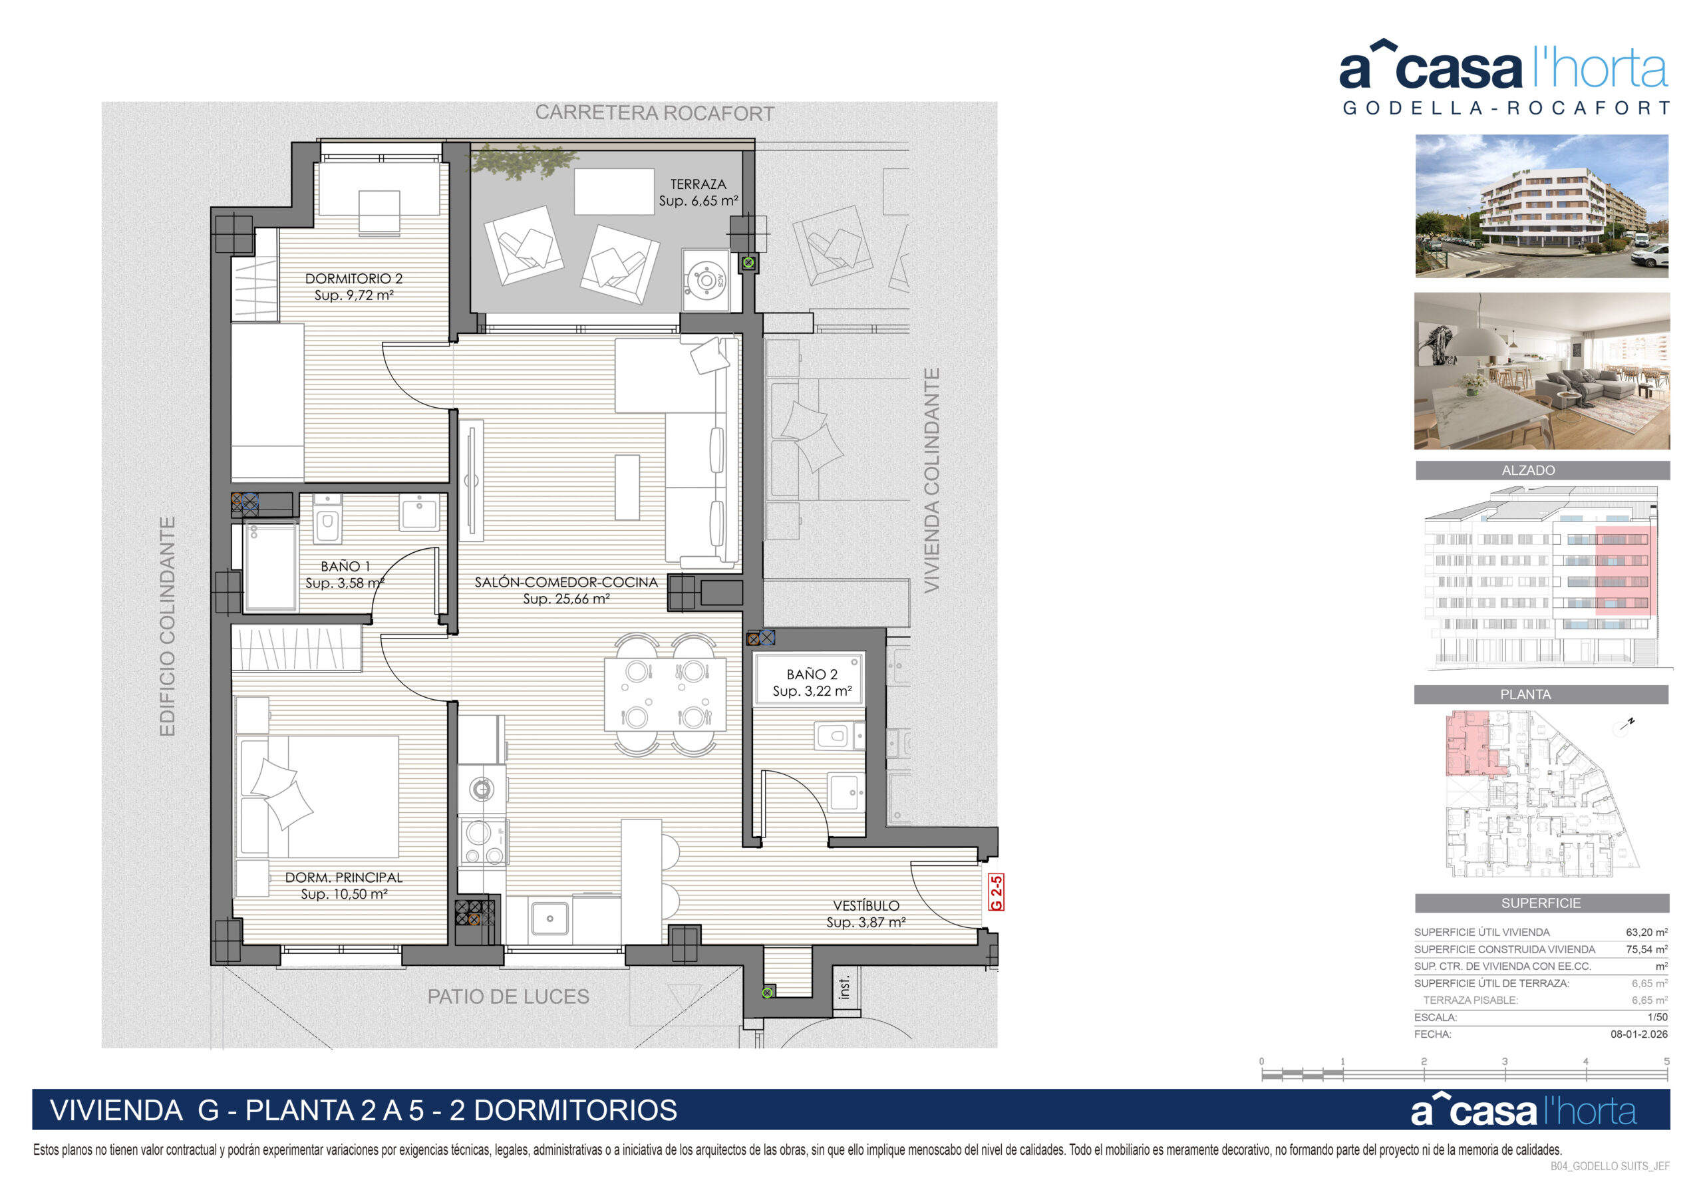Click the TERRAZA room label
coord(698,184)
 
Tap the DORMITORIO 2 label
coord(354,279)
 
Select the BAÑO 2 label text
coord(812,675)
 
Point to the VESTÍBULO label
coord(865,906)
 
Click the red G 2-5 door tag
coord(997,893)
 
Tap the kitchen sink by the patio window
coord(549,919)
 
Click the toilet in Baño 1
coord(327,520)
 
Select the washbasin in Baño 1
coord(419,513)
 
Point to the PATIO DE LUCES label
coord(508,996)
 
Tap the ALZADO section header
coord(1528,470)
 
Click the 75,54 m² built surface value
coord(1646,949)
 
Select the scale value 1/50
coord(1657,1017)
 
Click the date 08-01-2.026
coord(1638,1034)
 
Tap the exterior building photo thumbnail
coord(1541,206)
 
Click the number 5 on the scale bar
coord(1666,1062)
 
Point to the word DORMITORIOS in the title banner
coord(575,1110)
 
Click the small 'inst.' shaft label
coord(844,986)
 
